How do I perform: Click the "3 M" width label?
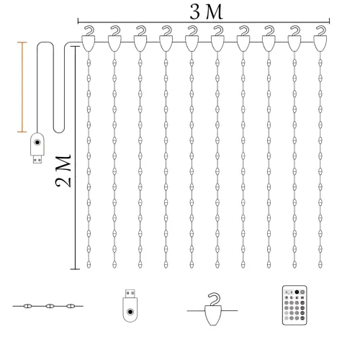pyautogui.click(x=206, y=12)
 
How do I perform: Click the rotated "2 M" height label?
pyautogui.click(x=63, y=171)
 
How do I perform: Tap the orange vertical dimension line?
pyautogui.click(x=22, y=87)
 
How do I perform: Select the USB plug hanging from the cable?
pyautogui.click(x=37, y=148)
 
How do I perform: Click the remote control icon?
pyautogui.click(x=294, y=305)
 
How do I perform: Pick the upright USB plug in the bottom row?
pyautogui.click(x=130, y=305)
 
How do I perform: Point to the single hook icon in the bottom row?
pyautogui.click(x=212, y=309)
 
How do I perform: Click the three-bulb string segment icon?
pyautogui.click(x=48, y=306)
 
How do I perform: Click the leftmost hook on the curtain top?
pyautogui.click(x=89, y=39)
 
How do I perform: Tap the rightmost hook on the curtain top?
pyautogui.click(x=320, y=39)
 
